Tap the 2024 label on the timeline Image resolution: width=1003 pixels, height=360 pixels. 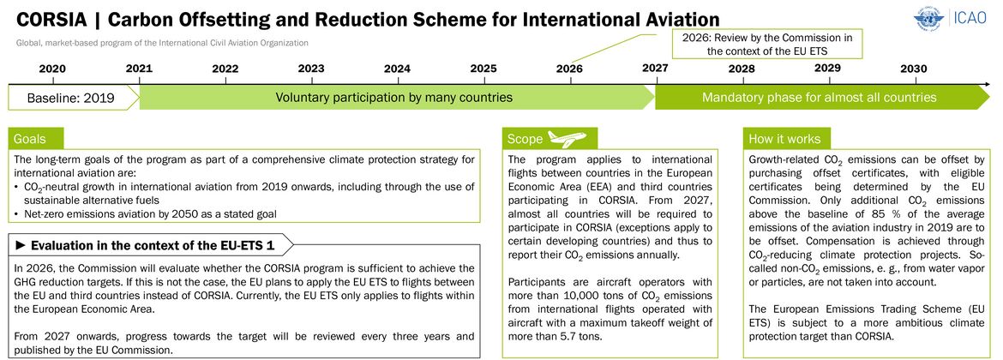tap(397, 69)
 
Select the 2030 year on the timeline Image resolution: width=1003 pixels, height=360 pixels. tap(914, 69)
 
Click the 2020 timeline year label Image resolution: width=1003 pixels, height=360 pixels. tap(52, 69)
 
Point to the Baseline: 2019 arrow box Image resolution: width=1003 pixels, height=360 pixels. tap(73, 98)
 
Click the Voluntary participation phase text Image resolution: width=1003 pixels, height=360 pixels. tap(394, 98)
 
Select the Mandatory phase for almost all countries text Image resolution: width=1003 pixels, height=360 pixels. tap(820, 98)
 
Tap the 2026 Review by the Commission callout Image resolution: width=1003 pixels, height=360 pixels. tap(767, 44)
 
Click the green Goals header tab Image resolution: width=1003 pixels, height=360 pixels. tap(36, 139)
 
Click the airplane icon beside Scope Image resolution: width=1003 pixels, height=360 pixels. tap(568, 138)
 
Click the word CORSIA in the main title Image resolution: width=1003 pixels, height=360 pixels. tap(51, 19)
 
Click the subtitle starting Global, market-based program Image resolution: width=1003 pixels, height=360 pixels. tap(163, 43)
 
